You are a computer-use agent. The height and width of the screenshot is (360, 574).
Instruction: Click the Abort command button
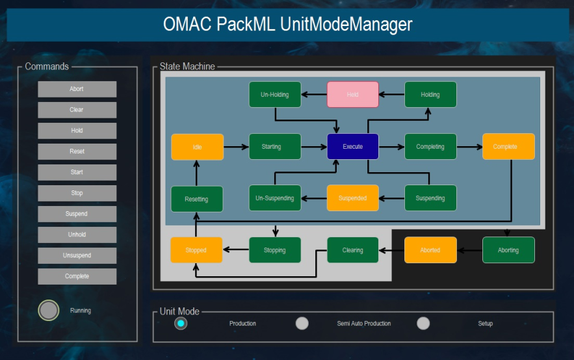point(77,89)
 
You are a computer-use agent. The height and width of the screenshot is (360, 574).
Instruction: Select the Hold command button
point(77,131)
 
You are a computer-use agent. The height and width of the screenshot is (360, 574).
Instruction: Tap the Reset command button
point(77,151)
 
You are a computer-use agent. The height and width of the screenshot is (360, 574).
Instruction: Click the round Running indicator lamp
point(49,311)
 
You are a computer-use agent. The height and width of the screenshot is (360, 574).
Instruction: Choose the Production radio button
point(181,324)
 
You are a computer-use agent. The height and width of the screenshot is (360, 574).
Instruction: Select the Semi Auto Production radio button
point(302,324)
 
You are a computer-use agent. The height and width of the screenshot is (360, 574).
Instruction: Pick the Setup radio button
point(423,324)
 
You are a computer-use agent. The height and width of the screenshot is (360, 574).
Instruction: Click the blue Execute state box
point(352,147)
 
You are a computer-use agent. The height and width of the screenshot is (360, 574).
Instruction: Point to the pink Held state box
point(352,95)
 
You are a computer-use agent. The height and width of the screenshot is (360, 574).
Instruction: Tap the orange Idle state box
point(197,147)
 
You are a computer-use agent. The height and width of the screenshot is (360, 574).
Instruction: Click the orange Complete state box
point(508,147)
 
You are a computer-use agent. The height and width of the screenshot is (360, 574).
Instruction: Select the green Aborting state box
point(508,250)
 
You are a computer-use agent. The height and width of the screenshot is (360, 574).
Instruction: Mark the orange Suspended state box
point(352,198)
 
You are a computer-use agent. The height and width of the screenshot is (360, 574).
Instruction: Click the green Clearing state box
point(352,250)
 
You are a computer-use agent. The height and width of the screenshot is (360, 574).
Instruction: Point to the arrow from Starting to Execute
point(314,147)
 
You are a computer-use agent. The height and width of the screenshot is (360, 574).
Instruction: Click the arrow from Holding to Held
point(391,95)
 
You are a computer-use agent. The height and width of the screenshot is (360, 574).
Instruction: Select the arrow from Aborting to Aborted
point(469,250)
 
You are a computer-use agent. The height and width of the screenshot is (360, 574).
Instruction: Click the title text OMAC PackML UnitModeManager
point(287,25)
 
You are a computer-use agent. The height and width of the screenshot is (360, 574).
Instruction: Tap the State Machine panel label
point(187,66)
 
